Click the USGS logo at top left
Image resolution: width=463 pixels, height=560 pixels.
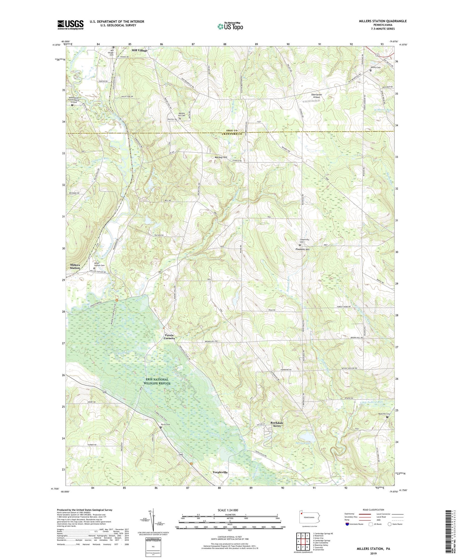[70, 25]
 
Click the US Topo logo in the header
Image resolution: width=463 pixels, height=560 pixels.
[230, 27]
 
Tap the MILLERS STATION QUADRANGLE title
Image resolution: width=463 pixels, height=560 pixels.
[382, 21]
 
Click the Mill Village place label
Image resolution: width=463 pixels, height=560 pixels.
[140, 50]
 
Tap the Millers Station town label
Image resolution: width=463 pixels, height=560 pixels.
[75, 266]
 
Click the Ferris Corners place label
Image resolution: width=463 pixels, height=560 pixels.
[169, 337]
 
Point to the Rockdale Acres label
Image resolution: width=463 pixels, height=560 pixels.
[277, 424]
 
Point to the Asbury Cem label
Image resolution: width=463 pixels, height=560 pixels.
[375, 67]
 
